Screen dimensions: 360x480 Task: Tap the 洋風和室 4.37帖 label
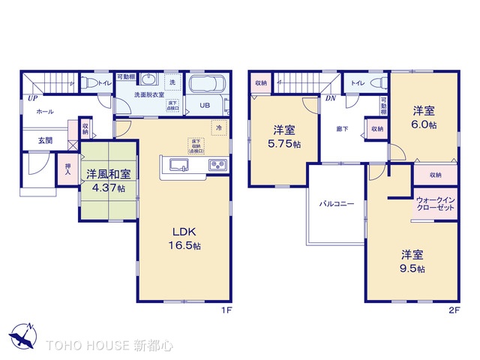108,179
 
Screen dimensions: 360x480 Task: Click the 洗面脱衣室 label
148,95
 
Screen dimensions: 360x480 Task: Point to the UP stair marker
33,97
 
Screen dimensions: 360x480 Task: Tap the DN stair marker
330,98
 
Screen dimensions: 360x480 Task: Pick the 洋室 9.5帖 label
412,260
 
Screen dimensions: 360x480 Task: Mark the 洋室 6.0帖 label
423,118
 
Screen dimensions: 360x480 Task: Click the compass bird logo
22,335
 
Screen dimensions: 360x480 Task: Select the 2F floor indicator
454,308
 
